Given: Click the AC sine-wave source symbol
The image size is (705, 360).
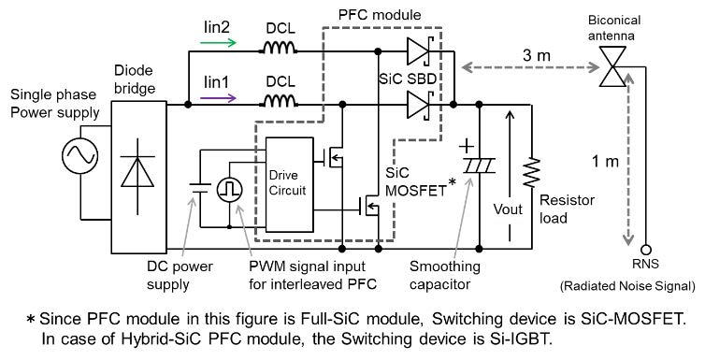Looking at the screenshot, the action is [x=80, y=156].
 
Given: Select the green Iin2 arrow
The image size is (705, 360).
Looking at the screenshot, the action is [x=218, y=43].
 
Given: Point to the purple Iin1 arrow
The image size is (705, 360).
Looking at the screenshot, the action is [x=218, y=98].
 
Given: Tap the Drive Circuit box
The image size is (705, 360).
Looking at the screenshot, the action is [x=290, y=185].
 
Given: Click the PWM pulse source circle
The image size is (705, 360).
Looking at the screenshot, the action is [x=229, y=189].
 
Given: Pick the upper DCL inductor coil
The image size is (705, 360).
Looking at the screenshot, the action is [x=279, y=47].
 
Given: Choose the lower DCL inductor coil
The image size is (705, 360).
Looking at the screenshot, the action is [x=279, y=101].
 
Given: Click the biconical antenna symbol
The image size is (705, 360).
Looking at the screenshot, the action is [x=611, y=67].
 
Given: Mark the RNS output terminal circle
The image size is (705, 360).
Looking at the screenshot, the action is [x=646, y=250].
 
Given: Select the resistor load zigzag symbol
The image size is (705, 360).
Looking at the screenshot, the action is [x=531, y=172].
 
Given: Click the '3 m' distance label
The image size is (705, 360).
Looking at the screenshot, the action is [x=537, y=55].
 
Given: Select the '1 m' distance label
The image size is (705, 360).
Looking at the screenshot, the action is [x=605, y=161].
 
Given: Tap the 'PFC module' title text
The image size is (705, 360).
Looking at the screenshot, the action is [x=380, y=15].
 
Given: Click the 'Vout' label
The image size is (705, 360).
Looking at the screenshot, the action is [x=508, y=209].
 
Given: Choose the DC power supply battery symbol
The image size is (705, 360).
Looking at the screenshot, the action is [x=200, y=187].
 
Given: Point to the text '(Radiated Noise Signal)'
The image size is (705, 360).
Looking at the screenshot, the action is [x=627, y=286].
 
